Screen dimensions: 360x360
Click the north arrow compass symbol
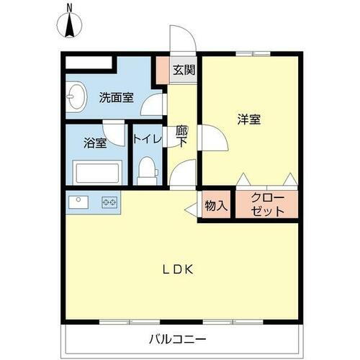(x=70, y=25)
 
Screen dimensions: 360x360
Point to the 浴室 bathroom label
(x=95, y=143)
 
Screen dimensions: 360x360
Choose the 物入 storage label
(x=215, y=204)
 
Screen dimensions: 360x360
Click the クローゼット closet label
(x=267, y=205)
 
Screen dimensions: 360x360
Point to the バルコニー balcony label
(x=178, y=338)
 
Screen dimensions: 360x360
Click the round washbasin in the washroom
(x=75, y=95)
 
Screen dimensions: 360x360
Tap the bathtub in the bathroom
(x=96, y=174)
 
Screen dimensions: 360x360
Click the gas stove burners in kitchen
(x=109, y=202)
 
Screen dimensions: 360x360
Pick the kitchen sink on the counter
(x=78, y=202)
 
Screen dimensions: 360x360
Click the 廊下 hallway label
(x=182, y=136)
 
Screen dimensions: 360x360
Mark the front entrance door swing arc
(x=179, y=37)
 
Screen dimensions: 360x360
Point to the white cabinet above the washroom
(x=89, y=63)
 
